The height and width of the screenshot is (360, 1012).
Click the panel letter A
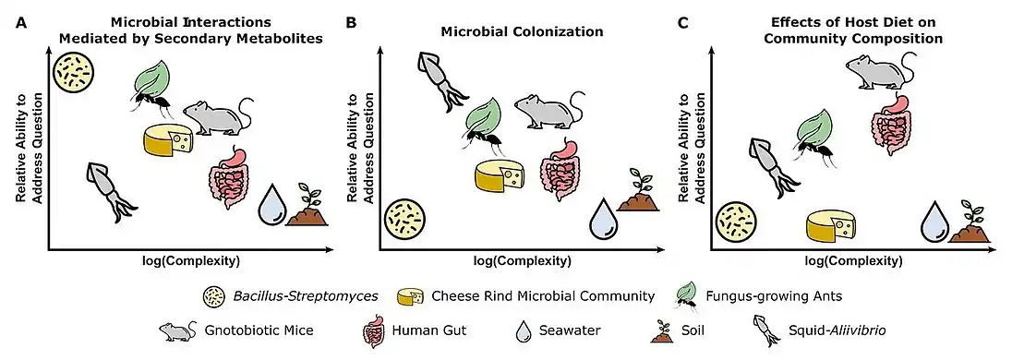pyautogui.click(x=20, y=20)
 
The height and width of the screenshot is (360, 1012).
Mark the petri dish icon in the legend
pyautogui.click(x=213, y=295)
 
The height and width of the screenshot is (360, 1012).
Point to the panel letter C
pyautogui.click(x=683, y=20)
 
